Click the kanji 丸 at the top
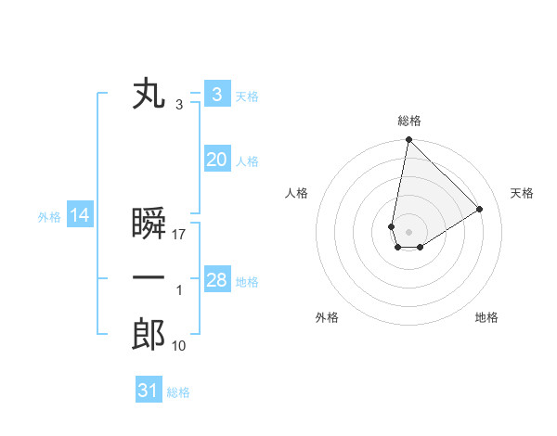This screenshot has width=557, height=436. tap(149, 95)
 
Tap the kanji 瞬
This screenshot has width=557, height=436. tap(149, 224)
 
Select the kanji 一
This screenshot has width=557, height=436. tap(149, 279)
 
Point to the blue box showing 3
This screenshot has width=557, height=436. tap(216, 95)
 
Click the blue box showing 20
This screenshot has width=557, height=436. tap(216, 160)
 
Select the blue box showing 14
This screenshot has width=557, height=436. tap(80, 216)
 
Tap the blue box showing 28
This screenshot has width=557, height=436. tap(216, 280)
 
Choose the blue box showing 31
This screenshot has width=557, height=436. tap(149, 391)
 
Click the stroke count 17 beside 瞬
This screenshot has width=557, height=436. tap(180, 235)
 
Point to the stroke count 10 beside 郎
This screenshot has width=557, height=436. tap(179, 346)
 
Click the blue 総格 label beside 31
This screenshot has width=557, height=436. tap(178, 392)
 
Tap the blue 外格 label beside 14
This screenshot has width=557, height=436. tap(49, 217)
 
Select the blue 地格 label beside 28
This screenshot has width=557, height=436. tap(248, 281)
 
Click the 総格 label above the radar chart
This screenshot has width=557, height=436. tap(409, 122)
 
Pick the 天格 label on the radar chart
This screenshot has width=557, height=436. tap(522, 193)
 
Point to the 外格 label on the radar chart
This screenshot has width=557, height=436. tap(327, 317)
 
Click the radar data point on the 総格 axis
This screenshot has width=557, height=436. tap(408, 140)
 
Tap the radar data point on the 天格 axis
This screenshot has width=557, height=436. tap(480, 209)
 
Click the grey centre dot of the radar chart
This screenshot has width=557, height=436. tap(408, 232)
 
